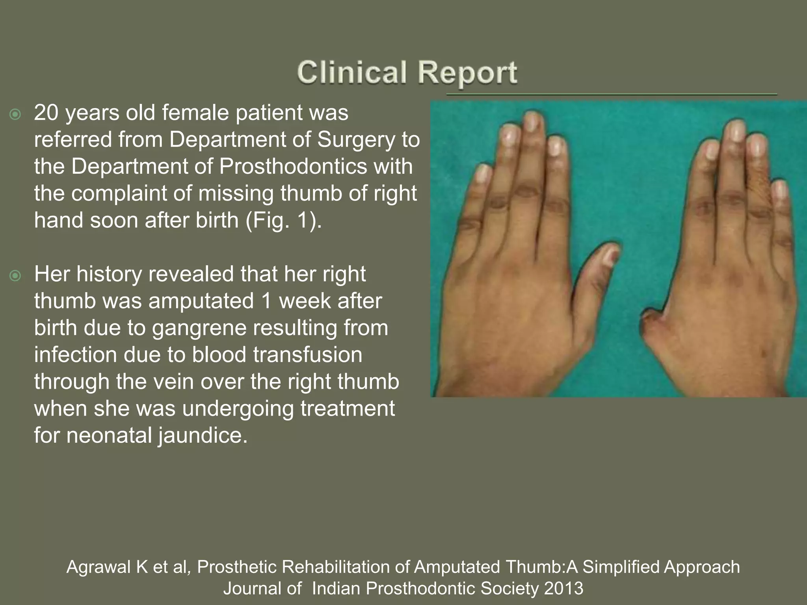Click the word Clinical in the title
pyautogui.click(x=351, y=73)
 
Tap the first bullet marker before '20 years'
pyautogui.click(x=15, y=115)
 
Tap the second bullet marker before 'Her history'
pyautogui.click(x=15, y=276)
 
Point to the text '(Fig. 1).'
pyautogui.click(x=284, y=220)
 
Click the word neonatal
pyautogui.click(x=109, y=435)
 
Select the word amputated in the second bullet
pyautogui.click(x=201, y=301)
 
